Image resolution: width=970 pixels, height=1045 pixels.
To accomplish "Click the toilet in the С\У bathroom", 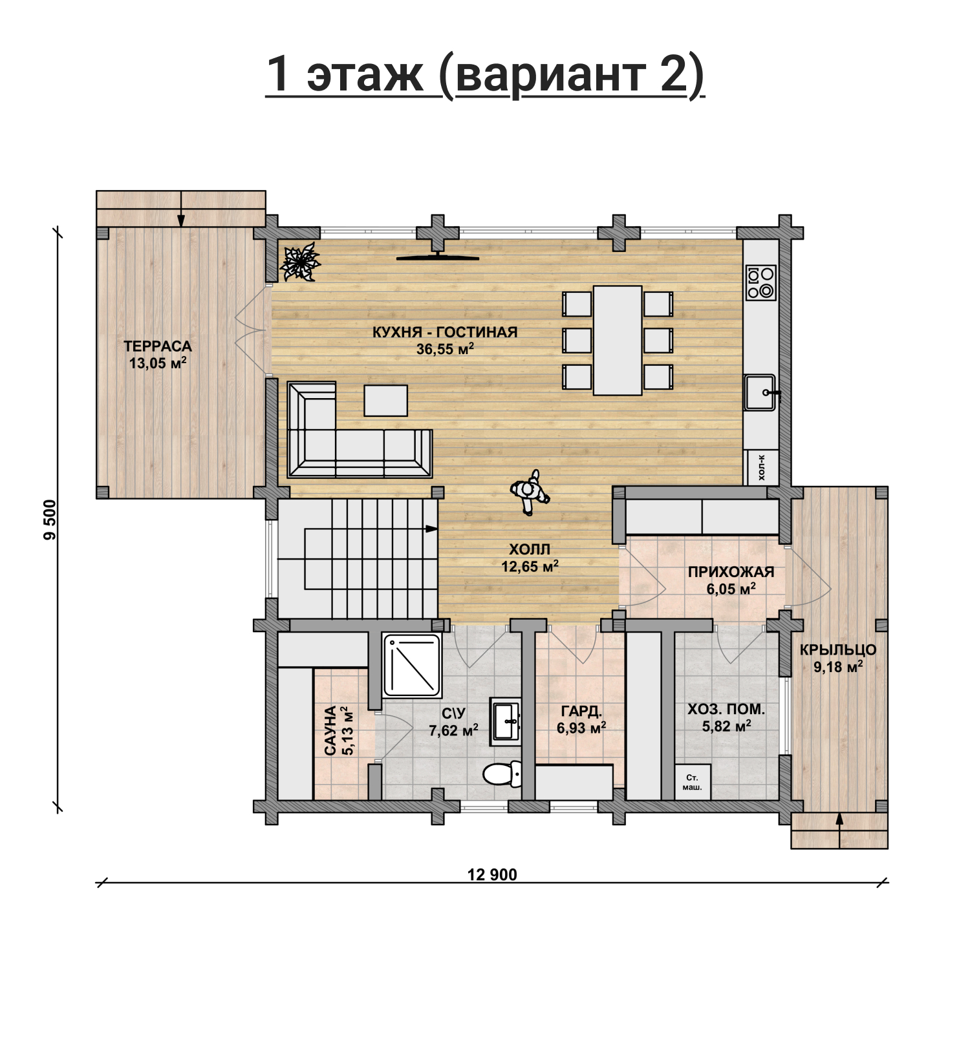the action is click(502, 774).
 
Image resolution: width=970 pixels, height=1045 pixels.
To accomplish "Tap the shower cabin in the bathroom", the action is click(413, 666).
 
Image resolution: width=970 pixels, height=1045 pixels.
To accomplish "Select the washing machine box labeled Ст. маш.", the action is click(693, 782).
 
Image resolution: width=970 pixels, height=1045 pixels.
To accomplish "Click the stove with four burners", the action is click(760, 282).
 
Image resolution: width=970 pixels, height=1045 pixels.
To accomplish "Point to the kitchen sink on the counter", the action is click(760, 392).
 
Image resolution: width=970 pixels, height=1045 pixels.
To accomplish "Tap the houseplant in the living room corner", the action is click(299, 263).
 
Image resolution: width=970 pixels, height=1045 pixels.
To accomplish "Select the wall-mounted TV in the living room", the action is click(438, 257).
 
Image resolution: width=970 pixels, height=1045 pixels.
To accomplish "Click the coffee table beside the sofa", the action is click(385, 401).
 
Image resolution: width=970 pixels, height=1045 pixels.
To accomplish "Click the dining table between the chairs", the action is click(618, 341).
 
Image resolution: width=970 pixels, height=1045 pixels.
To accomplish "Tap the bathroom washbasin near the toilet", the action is click(505, 721).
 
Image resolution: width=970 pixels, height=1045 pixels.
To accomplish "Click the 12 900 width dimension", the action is click(492, 875).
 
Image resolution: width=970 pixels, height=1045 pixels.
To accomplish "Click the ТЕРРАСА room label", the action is click(158, 346).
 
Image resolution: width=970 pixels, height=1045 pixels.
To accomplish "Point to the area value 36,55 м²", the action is click(446, 349).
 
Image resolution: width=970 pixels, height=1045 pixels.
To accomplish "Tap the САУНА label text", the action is click(330, 731).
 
